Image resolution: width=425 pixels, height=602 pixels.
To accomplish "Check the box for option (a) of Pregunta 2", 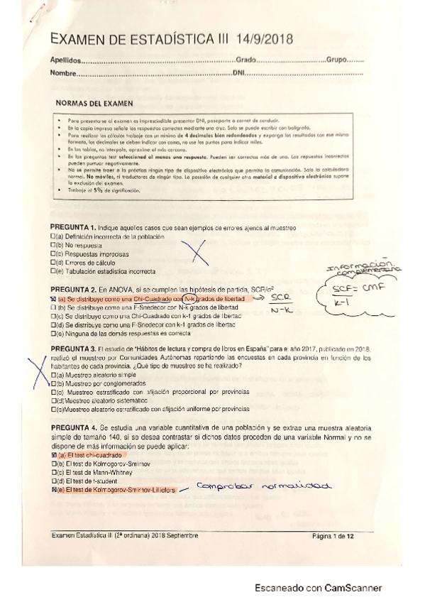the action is pos(53,300).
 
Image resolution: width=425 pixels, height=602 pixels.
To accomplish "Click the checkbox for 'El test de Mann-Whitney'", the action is pos(53,472).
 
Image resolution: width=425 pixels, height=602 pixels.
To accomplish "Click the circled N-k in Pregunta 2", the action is pos(189,300).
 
